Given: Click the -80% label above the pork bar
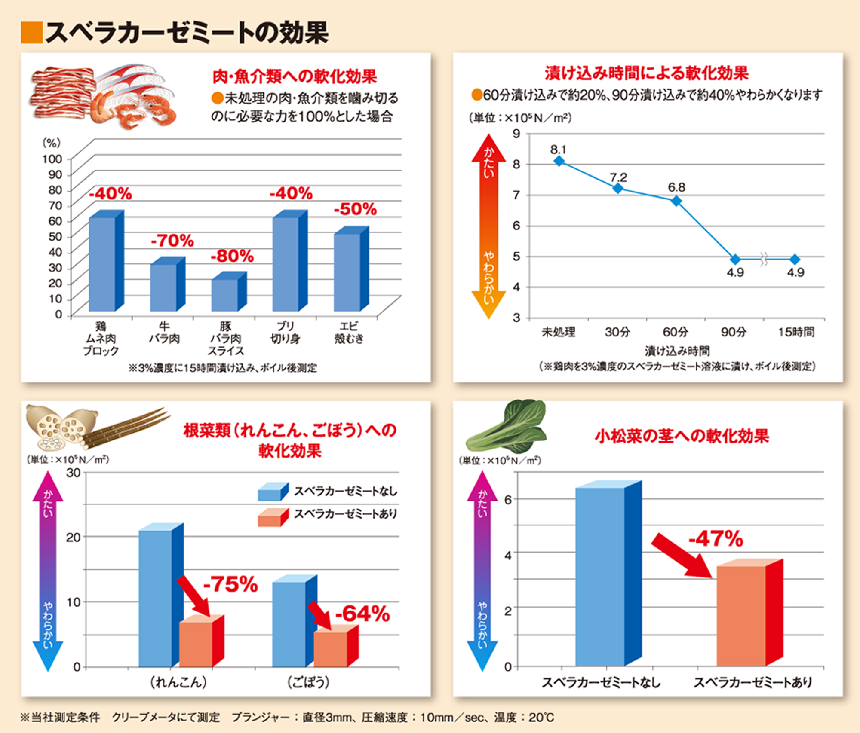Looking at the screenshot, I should [x=232, y=256].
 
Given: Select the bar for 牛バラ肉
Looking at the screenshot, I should [x=163, y=287].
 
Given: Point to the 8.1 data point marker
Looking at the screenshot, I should [x=559, y=161].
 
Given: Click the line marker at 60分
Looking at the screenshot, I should [x=676, y=201].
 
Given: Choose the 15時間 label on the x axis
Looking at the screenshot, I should [x=796, y=332].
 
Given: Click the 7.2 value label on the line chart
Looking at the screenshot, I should [x=618, y=177].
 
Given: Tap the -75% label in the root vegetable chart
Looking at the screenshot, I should [x=230, y=584].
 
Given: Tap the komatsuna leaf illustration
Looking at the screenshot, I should [x=507, y=428].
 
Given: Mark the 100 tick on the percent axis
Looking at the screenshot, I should [x=52, y=159].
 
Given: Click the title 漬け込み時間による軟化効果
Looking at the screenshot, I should [x=647, y=73].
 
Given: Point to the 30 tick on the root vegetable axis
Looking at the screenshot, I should [x=74, y=473].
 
